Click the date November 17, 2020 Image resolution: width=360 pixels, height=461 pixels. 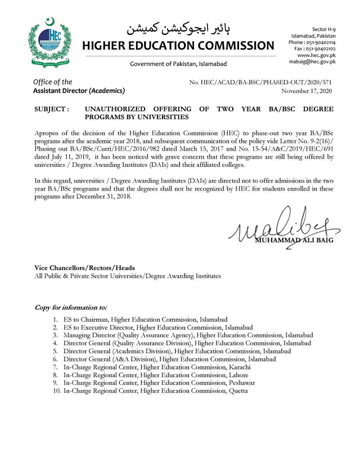[x=307, y=91]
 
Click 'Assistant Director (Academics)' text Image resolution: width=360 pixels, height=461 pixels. [x=79, y=91]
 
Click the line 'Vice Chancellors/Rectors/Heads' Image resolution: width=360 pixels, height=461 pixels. [x=84, y=268]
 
